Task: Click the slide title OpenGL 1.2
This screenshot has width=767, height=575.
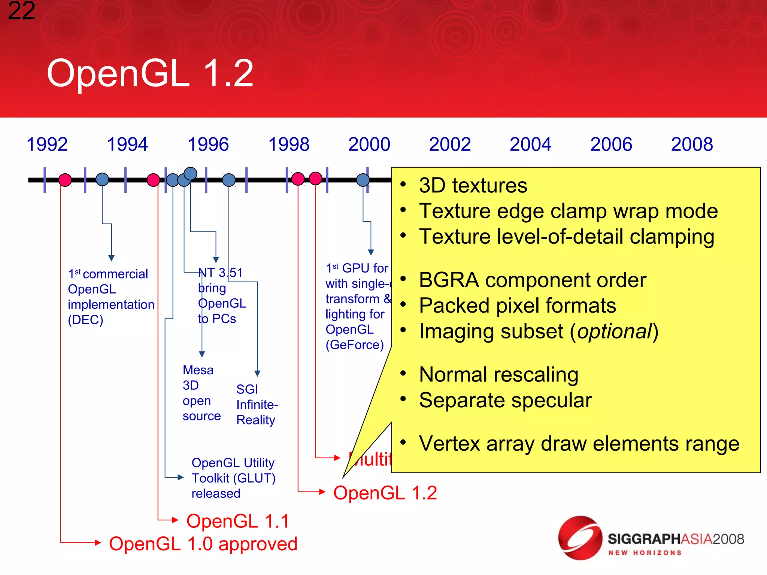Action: pyautogui.click(x=150, y=73)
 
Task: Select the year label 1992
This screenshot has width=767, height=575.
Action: pyautogui.click(x=47, y=144)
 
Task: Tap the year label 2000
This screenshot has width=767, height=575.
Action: pyautogui.click(x=369, y=144)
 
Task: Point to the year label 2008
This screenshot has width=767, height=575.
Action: pyautogui.click(x=692, y=144)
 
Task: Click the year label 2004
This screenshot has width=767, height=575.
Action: pyautogui.click(x=530, y=144)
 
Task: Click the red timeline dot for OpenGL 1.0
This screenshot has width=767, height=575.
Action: pyautogui.click(x=65, y=180)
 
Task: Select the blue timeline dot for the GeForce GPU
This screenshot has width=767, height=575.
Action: pyautogui.click(x=363, y=180)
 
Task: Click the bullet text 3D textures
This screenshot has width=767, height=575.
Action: pyautogui.click(x=473, y=185)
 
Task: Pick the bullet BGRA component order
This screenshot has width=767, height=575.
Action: pyautogui.click(x=532, y=280)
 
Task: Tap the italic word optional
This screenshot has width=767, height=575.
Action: pyautogui.click(x=614, y=331)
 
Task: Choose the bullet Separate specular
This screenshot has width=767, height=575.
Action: pyautogui.click(x=505, y=400)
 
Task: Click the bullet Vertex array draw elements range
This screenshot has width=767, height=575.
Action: pyautogui.click(x=579, y=444)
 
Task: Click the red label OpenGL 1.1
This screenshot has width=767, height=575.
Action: pyautogui.click(x=238, y=521)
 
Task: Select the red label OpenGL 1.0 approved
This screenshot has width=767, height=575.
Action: pyautogui.click(x=203, y=544)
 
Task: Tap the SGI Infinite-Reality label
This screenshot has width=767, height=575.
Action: pyautogui.click(x=257, y=405)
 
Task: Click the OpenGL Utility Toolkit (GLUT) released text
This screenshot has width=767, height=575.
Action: pyautogui.click(x=233, y=478)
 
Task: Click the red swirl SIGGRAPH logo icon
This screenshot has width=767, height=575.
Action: pyautogui.click(x=580, y=538)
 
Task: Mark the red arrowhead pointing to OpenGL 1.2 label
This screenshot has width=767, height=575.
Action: pyautogui.click(x=322, y=492)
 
